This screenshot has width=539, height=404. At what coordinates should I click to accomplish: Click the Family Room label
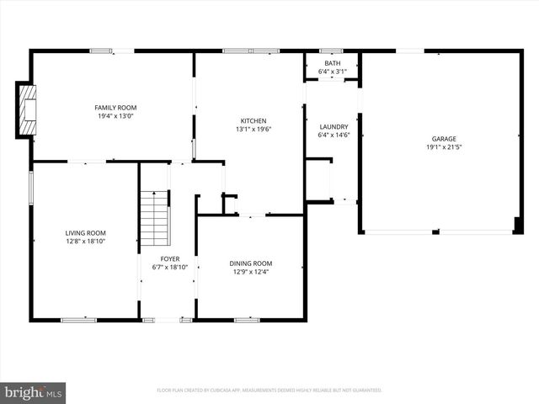(115, 108)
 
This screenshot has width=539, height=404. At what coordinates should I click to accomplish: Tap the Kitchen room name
(253, 121)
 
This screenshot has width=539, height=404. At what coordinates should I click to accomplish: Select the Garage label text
(444, 139)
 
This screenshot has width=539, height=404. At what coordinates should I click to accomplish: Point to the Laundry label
(333, 126)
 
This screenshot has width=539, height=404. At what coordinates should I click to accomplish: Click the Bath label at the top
(332, 63)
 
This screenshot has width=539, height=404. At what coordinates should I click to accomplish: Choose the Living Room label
(86, 233)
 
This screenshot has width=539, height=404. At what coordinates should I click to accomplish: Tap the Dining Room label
(251, 263)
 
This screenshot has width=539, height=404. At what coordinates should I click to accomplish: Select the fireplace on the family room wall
(26, 109)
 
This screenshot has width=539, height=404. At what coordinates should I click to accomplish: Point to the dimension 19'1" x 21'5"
(444, 147)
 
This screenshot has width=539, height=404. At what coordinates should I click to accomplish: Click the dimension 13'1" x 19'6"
(253, 130)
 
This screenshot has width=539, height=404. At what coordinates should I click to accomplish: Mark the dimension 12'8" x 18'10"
(86, 242)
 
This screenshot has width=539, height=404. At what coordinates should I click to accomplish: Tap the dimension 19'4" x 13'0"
(115, 116)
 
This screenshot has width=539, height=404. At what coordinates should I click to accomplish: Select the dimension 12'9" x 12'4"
(251, 272)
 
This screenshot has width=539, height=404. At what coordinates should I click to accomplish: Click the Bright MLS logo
(34, 391)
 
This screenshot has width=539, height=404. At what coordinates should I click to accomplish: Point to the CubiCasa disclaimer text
(269, 391)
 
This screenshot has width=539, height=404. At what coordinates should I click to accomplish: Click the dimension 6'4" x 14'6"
(333, 135)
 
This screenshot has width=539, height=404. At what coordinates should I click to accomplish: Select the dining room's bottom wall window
(247, 319)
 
